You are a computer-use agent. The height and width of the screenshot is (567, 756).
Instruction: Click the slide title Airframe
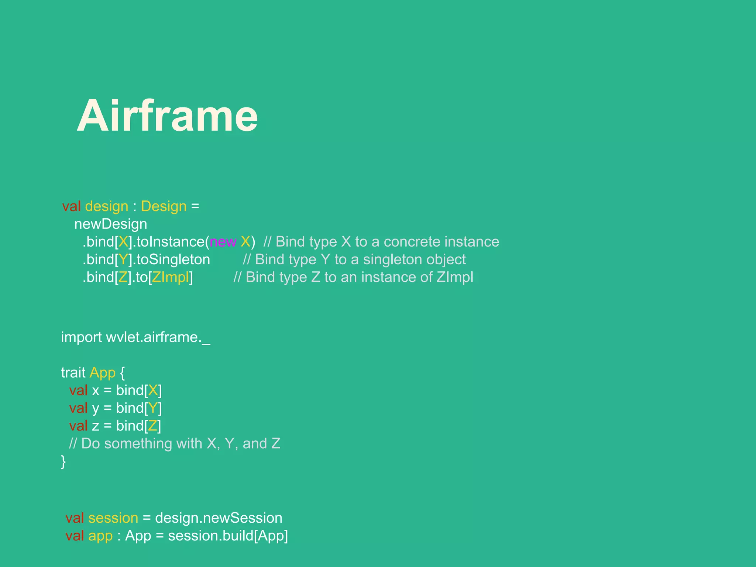pos(167,116)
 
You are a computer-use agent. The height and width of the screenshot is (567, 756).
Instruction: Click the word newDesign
pos(110,224)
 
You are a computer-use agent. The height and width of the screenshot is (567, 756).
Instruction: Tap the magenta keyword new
pos(223,242)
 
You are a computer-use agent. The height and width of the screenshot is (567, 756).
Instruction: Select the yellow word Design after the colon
pos(164,206)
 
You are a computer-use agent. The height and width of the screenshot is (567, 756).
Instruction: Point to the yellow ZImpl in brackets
pos(170,277)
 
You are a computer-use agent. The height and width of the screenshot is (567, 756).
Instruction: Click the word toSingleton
pos(173,260)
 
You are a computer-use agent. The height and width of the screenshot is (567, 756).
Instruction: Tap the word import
pos(81,337)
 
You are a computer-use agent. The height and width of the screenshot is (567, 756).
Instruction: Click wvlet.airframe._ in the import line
pos(158,337)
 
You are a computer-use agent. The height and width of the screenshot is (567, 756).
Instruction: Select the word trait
pos(73,373)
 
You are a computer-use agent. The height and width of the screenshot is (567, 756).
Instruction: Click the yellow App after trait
pos(102,373)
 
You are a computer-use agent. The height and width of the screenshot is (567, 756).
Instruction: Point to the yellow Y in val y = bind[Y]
pos(153,408)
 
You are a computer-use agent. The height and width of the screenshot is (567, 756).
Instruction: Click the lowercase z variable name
pos(96,426)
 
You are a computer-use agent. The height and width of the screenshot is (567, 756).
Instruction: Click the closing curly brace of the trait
pos(63,461)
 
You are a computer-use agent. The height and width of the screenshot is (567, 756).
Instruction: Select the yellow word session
pos(113,518)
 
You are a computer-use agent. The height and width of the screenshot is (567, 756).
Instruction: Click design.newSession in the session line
pos(219,518)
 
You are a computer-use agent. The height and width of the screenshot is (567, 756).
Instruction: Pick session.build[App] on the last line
pos(228,536)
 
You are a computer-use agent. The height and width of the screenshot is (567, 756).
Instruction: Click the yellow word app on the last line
pos(100,536)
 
